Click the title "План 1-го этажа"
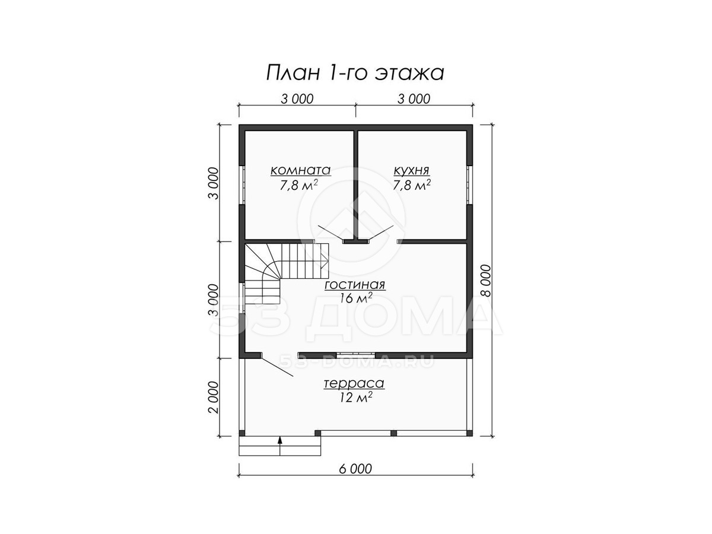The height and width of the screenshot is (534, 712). tap(355, 73)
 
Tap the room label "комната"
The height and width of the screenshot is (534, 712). tap(300, 170)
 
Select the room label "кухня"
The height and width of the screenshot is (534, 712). tap(411, 170)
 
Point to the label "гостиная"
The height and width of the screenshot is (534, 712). tap(355, 285)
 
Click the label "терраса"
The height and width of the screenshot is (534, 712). tap(354, 383)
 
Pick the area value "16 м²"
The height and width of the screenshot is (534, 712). tap(355, 298)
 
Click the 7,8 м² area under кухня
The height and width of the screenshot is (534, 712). tap(412, 185)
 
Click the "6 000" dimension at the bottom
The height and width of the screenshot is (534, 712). tap(355, 469)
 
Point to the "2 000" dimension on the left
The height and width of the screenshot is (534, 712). tap(214, 397)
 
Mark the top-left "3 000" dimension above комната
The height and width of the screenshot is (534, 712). tap(297, 99)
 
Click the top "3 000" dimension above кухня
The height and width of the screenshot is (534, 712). tap(414, 99)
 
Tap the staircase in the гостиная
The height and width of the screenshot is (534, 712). tap(287, 274)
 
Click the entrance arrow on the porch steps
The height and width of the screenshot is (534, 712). tap(280, 446)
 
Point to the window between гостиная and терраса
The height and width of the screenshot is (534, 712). tap(356, 355)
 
